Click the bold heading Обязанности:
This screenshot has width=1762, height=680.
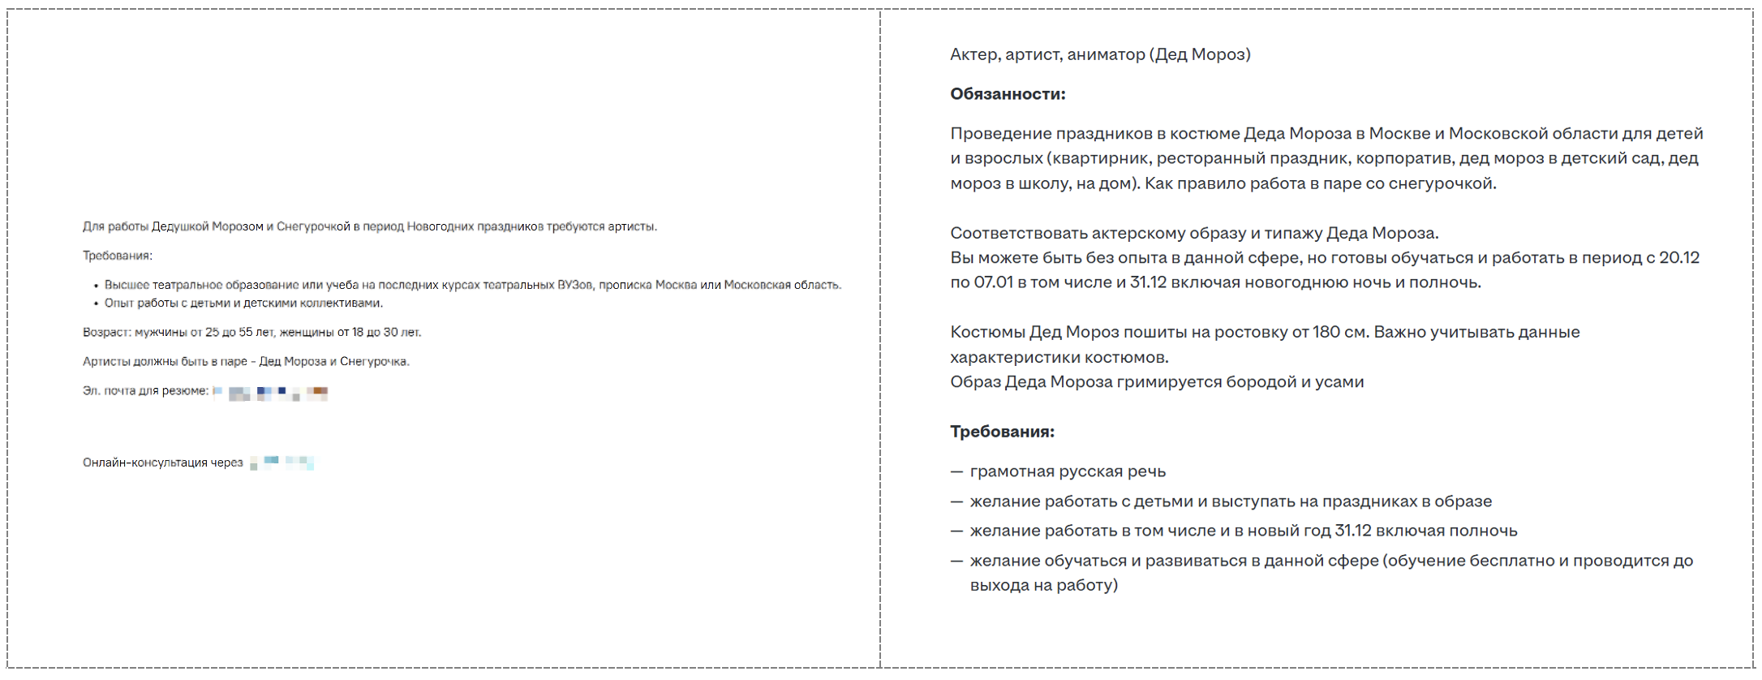coord(1008,94)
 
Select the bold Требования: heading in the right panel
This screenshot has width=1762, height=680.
coord(1002,432)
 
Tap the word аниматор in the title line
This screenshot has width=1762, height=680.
coord(1106,54)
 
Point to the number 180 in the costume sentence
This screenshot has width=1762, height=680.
coord(1326,332)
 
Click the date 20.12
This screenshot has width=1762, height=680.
coord(1678,258)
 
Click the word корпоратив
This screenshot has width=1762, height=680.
coord(1402,158)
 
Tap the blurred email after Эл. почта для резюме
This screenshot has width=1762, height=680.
coord(271,394)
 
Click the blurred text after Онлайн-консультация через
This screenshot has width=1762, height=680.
coord(281,463)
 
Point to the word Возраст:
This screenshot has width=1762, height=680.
coord(106,333)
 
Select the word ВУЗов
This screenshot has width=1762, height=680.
coord(574,286)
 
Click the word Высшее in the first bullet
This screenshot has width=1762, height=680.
coord(127,286)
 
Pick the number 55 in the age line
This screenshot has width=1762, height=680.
coord(245,333)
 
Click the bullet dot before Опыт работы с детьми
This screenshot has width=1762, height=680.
coord(96,303)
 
